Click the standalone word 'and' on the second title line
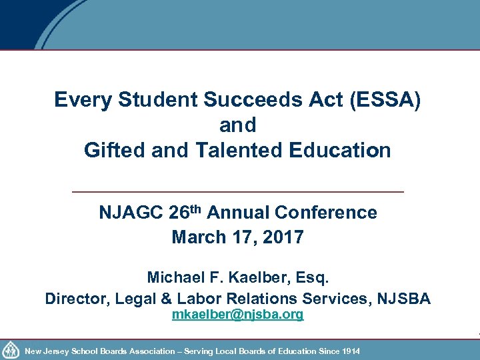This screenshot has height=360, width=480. click(x=237, y=125)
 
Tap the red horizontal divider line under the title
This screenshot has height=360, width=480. click(x=237, y=192)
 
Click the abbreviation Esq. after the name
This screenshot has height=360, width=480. click(x=311, y=276)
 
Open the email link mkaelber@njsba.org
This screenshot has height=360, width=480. click(x=237, y=315)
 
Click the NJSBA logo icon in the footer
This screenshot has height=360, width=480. click(x=11, y=350)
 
